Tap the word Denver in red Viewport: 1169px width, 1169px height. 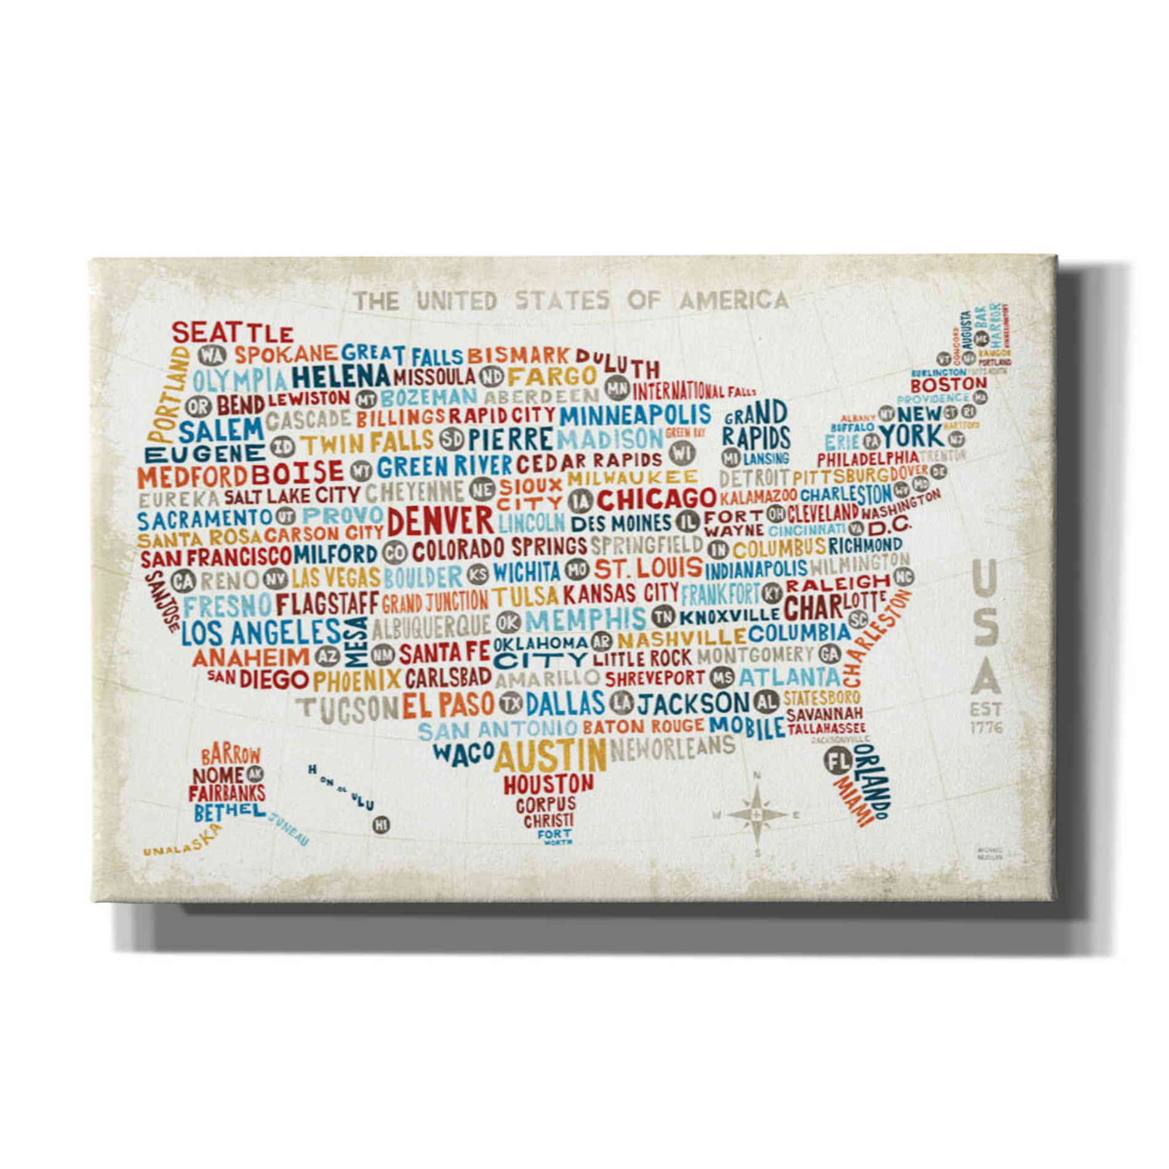(441, 522)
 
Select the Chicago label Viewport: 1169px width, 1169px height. (656, 498)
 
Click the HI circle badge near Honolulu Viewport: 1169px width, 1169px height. (381, 824)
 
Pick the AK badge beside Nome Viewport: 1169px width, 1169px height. (253, 773)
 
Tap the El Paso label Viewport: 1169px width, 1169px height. (449, 704)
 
